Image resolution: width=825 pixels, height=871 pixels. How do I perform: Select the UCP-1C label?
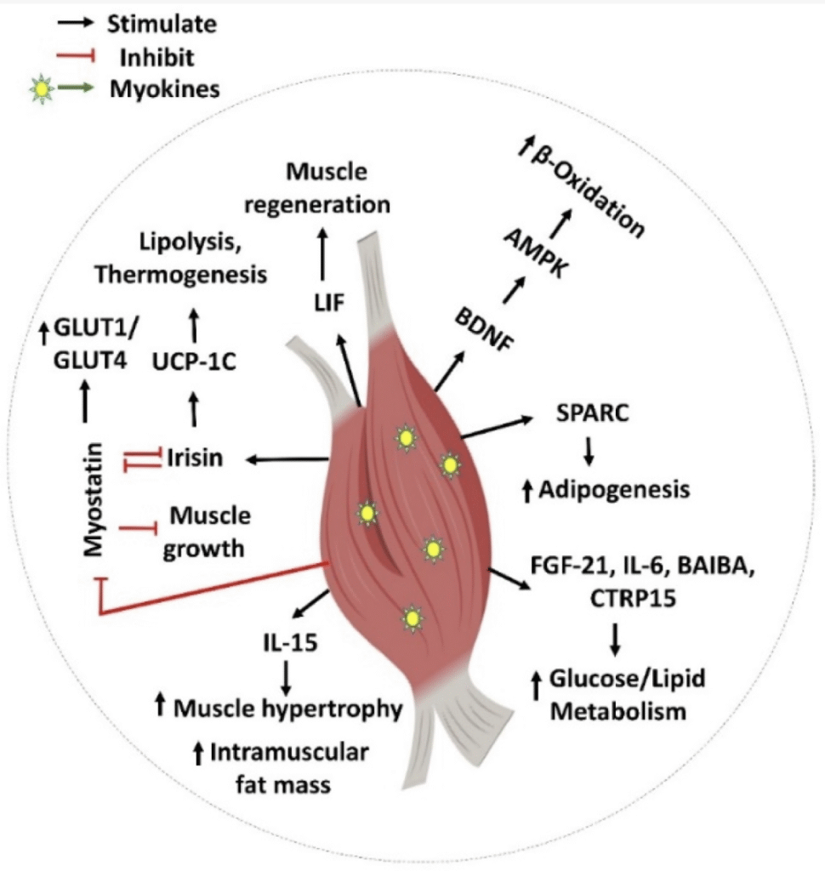click(x=193, y=361)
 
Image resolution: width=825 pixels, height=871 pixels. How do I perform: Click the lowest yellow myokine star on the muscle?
click(x=412, y=618)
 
